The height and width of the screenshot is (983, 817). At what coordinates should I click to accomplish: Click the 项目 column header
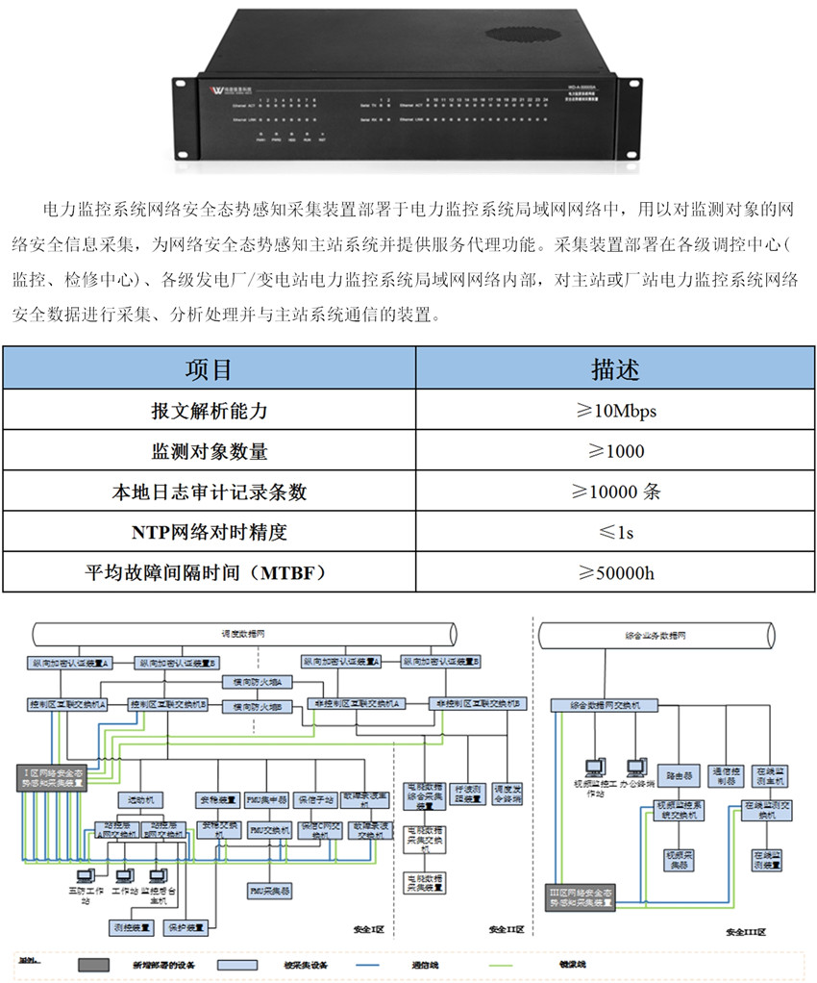[209, 369]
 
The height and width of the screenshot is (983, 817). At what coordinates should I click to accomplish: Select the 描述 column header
[614, 369]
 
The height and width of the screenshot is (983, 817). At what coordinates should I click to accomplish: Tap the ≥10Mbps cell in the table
[614, 411]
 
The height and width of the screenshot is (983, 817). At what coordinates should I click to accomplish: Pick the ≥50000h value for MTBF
[614, 572]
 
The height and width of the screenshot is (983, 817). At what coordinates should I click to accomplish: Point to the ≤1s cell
[614, 532]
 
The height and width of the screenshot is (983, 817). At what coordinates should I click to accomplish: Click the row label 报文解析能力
[209, 411]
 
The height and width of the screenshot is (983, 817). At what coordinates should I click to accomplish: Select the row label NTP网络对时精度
[209, 532]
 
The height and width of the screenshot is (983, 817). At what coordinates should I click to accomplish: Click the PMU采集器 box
[269, 892]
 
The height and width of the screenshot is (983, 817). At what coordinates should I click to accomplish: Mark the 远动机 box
[128, 799]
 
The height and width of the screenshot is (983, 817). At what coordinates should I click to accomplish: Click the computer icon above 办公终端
[635, 767]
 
